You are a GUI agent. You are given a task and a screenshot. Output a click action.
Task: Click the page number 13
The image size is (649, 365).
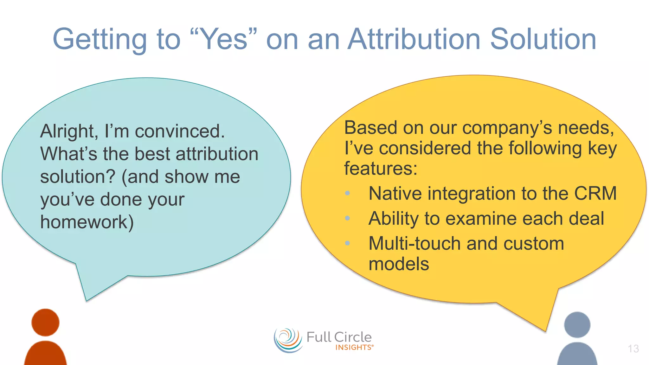(x=633, y=349)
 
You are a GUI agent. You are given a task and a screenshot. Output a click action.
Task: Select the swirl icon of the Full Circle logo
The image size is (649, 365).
(x=288, y=340)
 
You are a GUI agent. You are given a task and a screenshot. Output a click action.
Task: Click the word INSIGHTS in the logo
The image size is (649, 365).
(x=354, y=348)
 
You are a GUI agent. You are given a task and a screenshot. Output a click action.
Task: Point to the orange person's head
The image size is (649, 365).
(x=45, y=322)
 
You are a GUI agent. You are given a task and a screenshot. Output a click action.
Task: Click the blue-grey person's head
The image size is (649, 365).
(x=577, y=325)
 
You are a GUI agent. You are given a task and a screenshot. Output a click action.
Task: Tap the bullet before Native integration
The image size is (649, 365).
(x=347, y=193)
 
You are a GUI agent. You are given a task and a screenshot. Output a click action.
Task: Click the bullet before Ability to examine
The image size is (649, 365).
(x=347, y=218)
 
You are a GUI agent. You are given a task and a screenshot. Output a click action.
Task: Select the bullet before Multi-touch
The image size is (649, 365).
(x=347, y=243)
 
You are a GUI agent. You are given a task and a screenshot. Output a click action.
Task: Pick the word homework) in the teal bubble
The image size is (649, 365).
(x=87, y=222)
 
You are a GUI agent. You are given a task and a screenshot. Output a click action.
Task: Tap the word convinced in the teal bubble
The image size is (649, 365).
(x=179, y=131)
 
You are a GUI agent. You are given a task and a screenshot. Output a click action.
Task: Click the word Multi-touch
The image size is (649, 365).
(x=414, y=244)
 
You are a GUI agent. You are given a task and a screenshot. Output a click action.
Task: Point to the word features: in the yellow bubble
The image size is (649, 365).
(x=381, y=168)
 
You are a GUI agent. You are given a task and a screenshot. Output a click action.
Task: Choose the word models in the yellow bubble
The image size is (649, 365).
(x=399, y=264)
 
